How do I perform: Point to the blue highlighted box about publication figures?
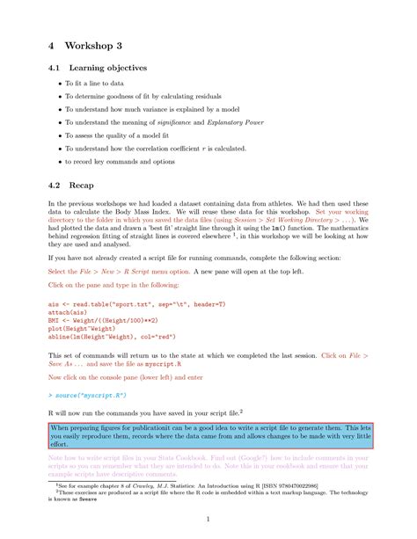point(210,434)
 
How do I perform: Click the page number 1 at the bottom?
point(208,519)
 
